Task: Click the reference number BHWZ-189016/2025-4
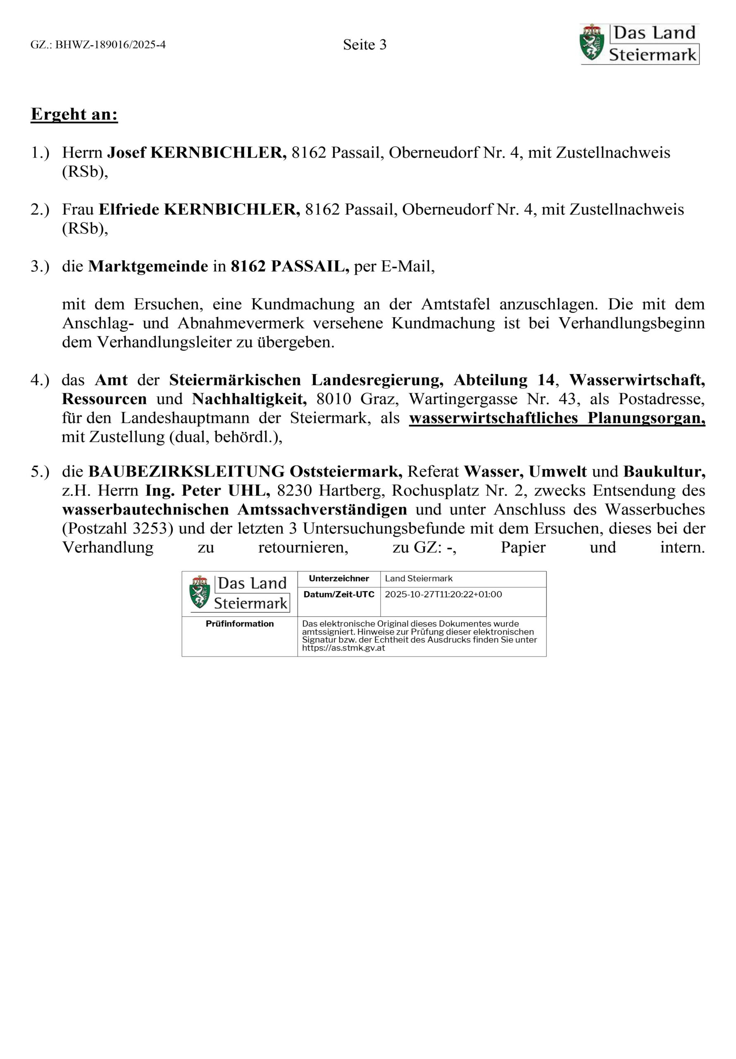(110, 45)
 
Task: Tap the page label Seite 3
(364, 45)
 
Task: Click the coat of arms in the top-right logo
(591, 43)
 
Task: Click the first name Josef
(126, 152)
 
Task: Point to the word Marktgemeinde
(148, 266)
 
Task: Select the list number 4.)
(40, 380)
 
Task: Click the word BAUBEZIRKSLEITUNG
(186, 472)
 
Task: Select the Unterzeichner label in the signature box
(339, 578)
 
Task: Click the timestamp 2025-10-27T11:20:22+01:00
(443, 594)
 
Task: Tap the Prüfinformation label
(239, 623)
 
